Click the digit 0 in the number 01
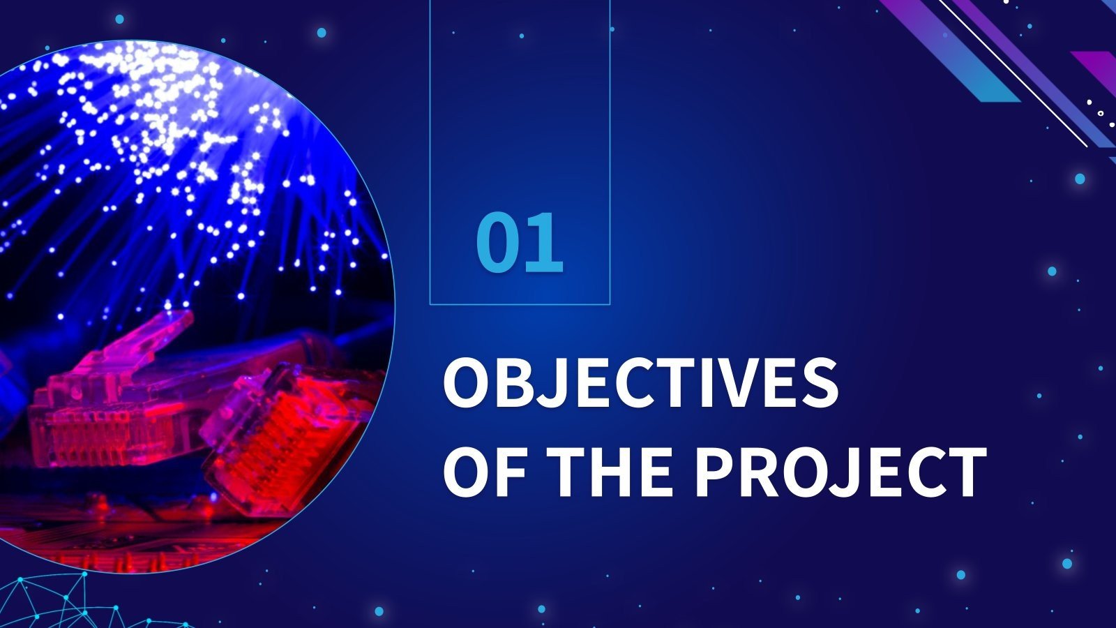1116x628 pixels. pyautogui.click(x=498, y=242)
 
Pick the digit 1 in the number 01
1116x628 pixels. pyautogui.click(x=545, y=242)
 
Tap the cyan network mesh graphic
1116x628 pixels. pyautogui.click(x=70, y=604)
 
